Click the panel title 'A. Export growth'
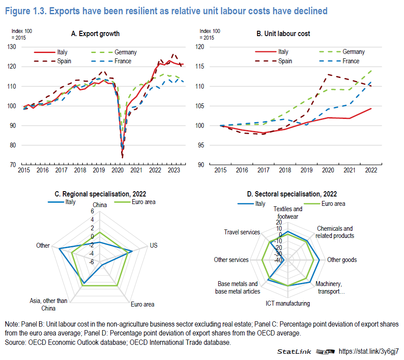tap(95, 34)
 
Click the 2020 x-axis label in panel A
tap(118, 170)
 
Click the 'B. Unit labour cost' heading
tap(283, 34)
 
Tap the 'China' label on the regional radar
tap(100, 205)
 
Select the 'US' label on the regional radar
tap(154, 245)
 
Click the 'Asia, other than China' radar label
tap(49, 304)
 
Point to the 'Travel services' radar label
tap(242, 232)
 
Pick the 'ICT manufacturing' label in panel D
tap(288, 303)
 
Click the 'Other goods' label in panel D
tap(342, 260)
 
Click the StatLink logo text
tap(294, 352)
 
